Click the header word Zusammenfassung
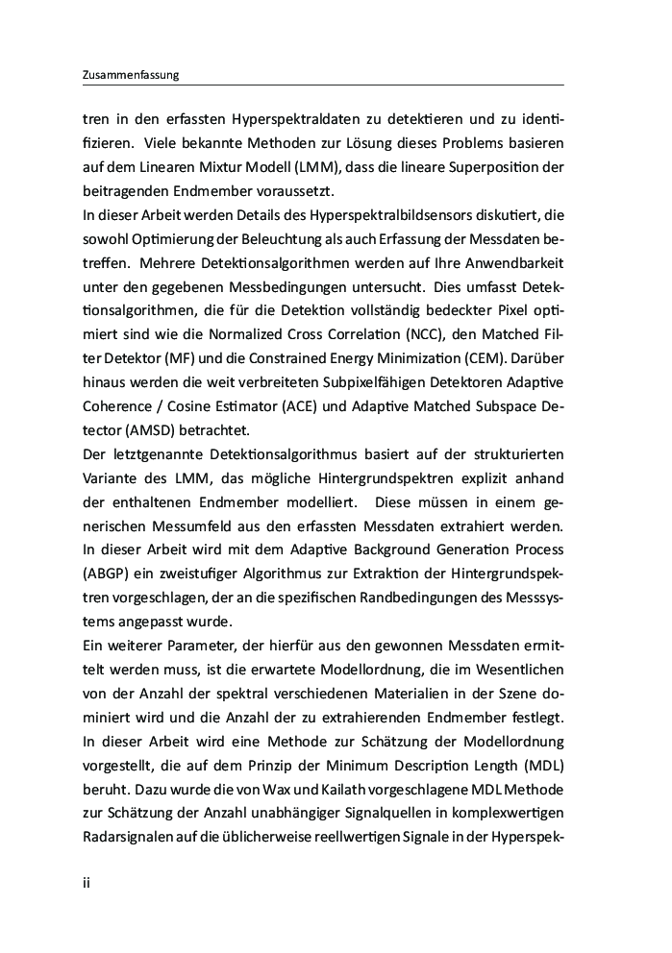pos(132,75)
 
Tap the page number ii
pos(87,880)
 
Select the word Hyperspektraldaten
pos(288,120)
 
